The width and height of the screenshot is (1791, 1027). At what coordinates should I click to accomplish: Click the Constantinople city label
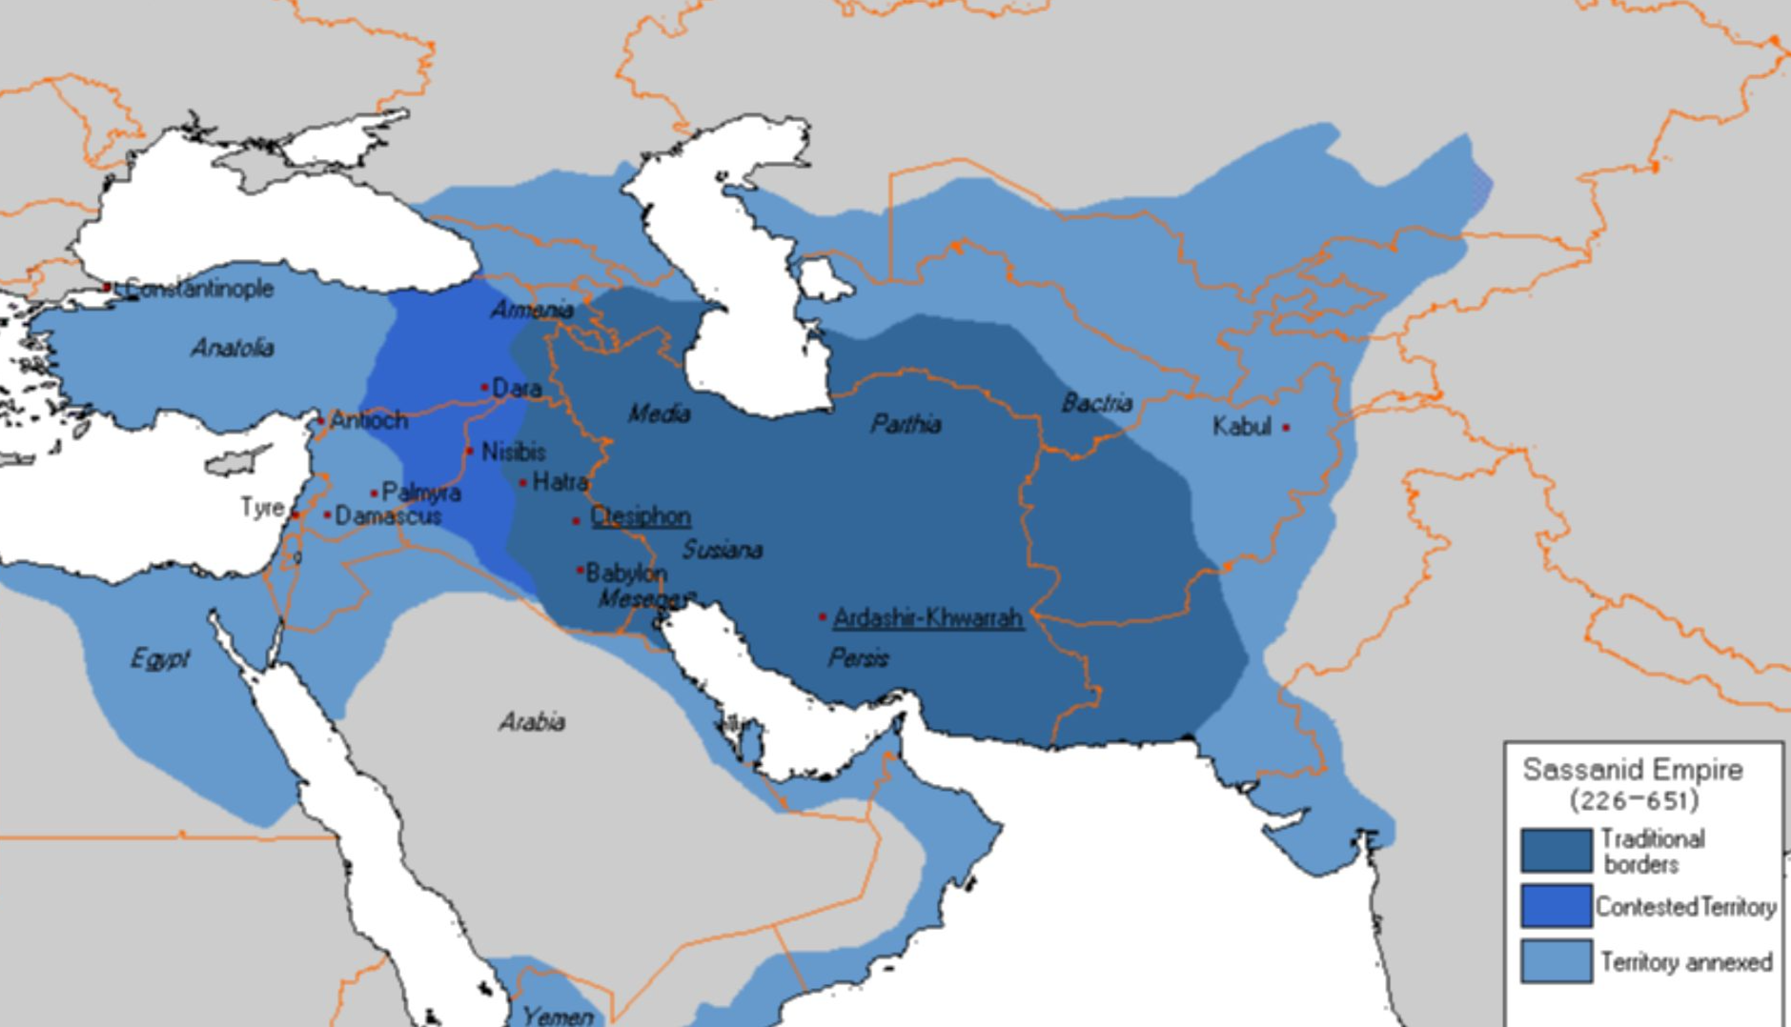[198, 288]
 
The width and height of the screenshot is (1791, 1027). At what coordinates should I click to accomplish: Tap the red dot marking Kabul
[1286, 428]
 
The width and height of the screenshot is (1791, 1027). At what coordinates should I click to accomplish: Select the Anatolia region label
[233, 349]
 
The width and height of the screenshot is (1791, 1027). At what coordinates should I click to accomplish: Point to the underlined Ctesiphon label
[640, 516]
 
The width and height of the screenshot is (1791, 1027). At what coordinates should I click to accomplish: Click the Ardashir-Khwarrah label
[927, 618]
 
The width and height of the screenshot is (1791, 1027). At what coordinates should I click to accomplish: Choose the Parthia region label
[906, 424]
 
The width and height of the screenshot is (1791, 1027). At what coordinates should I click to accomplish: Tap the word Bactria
[1097, 403]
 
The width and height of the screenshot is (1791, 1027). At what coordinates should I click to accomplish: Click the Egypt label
[159, 659]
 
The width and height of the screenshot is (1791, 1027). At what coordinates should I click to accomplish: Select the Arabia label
[532, 722]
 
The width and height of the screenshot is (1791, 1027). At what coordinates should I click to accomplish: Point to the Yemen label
[557, 1016]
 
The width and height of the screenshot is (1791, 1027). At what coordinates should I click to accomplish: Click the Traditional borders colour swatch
[1556, 850]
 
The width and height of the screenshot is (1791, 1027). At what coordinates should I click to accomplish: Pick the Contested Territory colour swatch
[1556, 906]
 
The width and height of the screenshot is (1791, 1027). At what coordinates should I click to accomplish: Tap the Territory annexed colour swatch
[1556, 961]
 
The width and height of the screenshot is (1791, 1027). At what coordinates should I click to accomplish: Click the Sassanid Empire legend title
[1632, 770]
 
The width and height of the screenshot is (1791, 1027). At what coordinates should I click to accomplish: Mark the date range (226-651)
[1634, 800]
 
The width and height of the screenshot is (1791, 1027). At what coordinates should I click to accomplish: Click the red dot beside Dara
[484, 387]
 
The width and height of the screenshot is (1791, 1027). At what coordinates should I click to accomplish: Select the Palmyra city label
[420, 493]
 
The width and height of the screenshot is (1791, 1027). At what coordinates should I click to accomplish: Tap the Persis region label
[858, 658]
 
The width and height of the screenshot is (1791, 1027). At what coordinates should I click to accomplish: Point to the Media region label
[659, 413]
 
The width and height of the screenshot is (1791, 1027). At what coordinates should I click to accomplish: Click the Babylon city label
[626, 573]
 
